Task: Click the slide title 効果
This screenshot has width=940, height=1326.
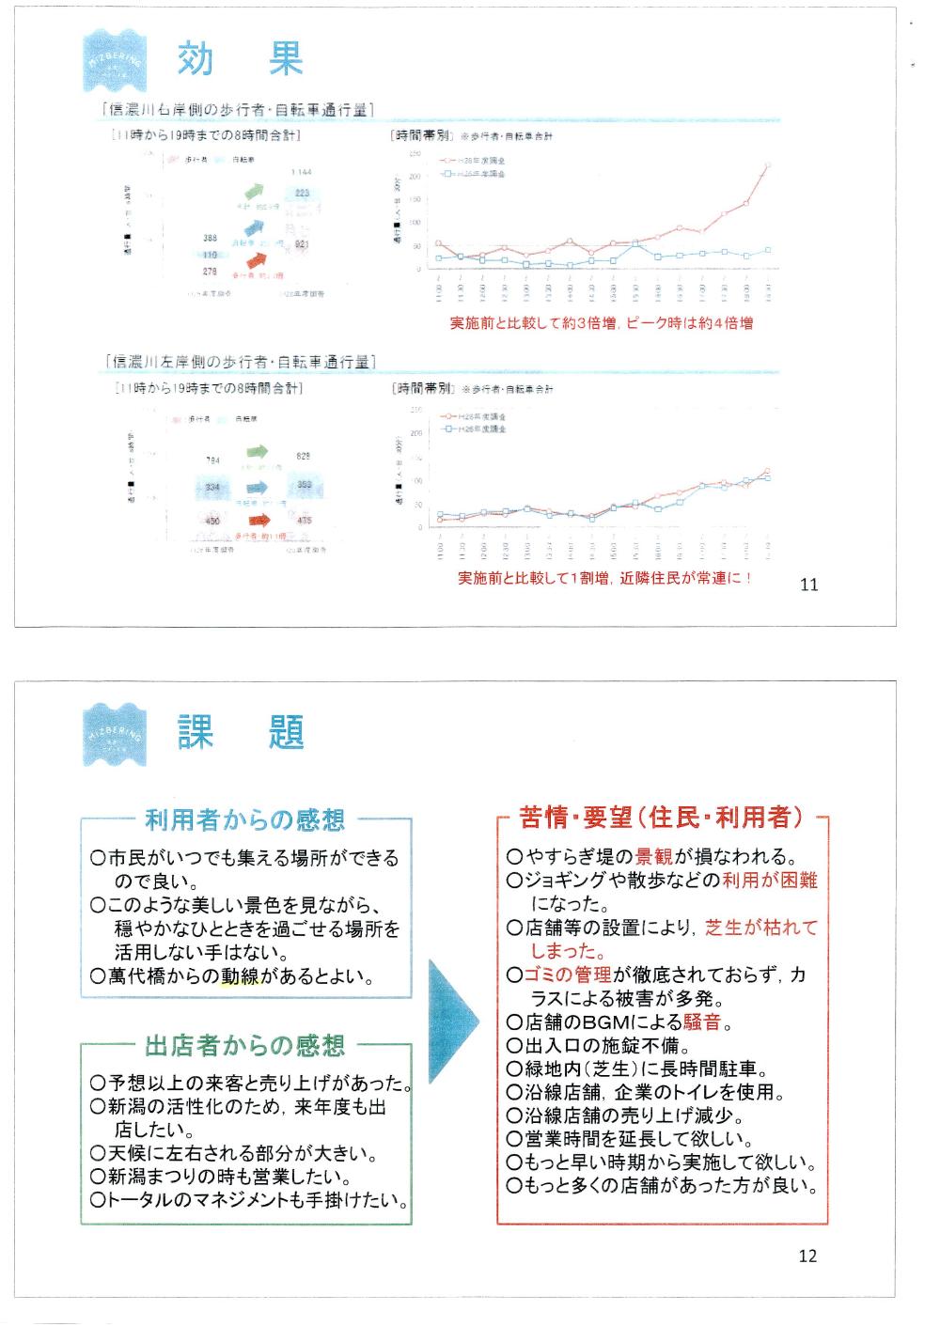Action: click(x=241, y=59)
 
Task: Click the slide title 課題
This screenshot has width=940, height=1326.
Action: click(x=241, y=731)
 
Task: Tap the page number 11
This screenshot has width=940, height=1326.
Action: click(x=808, y=585)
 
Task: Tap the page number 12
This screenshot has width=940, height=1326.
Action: click(x=807, y=1256)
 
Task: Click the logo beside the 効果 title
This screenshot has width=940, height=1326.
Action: click(x=114, y=58)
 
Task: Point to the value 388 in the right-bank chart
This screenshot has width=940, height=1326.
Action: click(x=210, y=239)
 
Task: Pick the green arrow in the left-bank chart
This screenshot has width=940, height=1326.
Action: click(x=256, y=452)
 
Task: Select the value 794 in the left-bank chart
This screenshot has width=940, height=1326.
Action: click(x=212, y=460)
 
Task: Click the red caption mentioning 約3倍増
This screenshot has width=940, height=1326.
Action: click(x=602, y=323)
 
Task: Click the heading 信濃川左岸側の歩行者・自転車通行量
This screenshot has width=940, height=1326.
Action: click(x=243, y=362)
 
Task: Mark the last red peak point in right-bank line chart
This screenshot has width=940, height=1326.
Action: click(x=768, y=165)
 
